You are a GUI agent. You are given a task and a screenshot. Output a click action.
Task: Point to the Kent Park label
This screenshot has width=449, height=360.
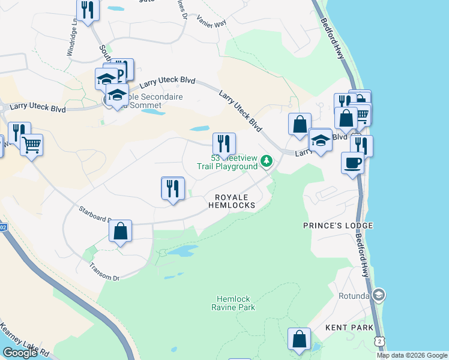coord(349,328)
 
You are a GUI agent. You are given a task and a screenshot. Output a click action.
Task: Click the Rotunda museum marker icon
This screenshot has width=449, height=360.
coord(379,295)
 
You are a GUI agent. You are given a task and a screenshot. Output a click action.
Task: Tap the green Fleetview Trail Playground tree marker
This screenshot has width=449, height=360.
coord(267,161)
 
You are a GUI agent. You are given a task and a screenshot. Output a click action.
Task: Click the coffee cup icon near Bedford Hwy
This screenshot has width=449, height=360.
coord(352,162)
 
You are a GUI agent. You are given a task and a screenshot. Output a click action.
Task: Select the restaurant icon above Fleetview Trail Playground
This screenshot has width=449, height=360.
coord(224,143)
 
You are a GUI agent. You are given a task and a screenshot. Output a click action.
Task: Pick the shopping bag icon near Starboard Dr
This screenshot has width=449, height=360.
coord(120,231)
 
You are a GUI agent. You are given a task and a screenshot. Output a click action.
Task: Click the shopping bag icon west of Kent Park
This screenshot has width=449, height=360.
coord(299,339)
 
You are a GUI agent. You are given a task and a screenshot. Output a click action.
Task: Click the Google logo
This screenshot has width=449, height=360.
coord(20,353)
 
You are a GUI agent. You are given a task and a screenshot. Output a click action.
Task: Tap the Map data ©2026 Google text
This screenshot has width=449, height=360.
coord(411,355)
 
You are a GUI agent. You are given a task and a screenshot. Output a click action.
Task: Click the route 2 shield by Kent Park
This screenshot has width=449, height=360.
coord(379,341)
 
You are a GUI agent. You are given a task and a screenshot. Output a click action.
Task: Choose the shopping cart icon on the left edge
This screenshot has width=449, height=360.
coord(31,143)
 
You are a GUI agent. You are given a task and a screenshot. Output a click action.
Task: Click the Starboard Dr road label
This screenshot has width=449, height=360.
coord(95,214)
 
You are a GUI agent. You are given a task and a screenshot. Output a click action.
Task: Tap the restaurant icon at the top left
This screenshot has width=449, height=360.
coord(88,10)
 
